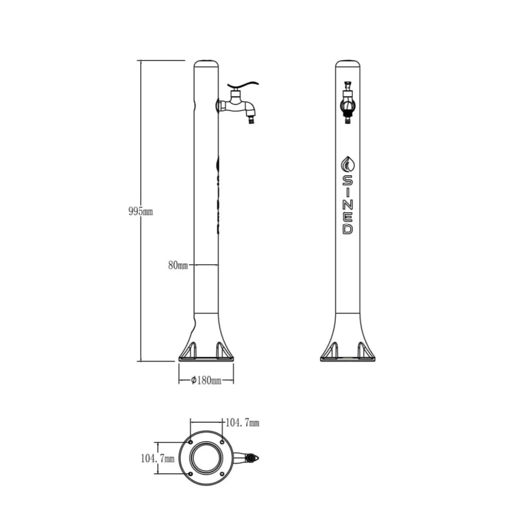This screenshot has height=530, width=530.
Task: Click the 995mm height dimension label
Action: tap(140, 212)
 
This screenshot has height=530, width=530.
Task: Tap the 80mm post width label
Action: tap(178, 265)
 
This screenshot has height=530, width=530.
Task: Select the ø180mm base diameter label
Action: tap(206, 381)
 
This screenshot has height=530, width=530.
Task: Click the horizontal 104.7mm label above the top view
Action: tap(242, 423)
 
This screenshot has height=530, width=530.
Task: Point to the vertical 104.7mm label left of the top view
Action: tap(158, 458)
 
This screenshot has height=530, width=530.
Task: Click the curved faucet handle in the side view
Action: tap(243, 85)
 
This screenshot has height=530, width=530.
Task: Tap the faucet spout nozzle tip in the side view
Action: tap(251, 120)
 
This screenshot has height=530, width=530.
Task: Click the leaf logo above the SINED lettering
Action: tap(348, 165)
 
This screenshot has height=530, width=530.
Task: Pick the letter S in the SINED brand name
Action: tap(348, 181)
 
